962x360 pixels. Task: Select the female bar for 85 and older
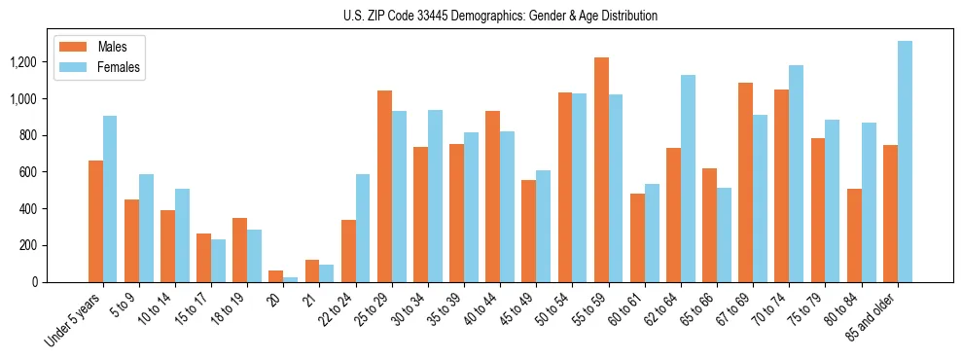point(905,162)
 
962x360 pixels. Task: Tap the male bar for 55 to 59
point(601,169)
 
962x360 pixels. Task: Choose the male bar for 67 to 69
point(746,182)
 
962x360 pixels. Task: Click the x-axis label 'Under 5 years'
point(74,318)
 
